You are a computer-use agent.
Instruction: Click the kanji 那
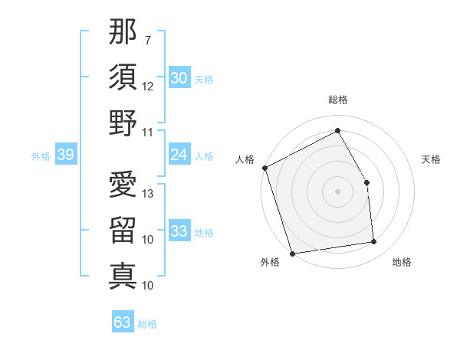pyautogui.click(x=123, y=33)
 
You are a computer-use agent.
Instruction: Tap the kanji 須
pyautogui.click(x=123, y=77)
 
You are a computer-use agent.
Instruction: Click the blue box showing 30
pyautogui.click(x=179, y=77)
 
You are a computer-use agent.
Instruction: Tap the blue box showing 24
pyautogui.click(x=179, y=155)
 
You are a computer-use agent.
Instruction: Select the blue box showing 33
pyautogui.click(x=179, y=231)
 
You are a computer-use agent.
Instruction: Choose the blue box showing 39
pyautogui.click(x=65, y=155)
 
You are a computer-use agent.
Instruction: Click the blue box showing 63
pyautogui.click(x=122, y=322)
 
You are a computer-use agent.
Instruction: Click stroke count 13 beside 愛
pyautogui.click(x=149, y=194)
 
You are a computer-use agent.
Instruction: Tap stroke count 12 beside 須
pyautogui.click(x=149, y=86)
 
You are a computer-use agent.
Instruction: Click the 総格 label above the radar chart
pyautogui.click(x=337, y=100)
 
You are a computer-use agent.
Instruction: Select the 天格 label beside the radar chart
pyautogui.click(x=431, y=159)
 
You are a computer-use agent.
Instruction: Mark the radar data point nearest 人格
pyautogui.click(x=264, y=168)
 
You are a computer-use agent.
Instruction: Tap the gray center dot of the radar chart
pyautogui.click(x=337, y=191)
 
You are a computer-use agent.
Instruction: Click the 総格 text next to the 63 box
pyautogui.click(x=147, y=324)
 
